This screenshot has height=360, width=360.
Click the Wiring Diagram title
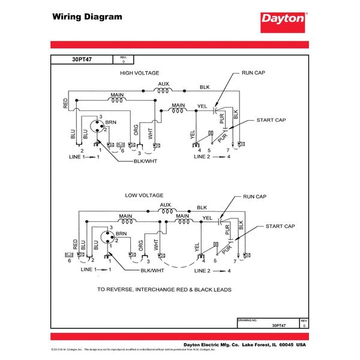(86, 17)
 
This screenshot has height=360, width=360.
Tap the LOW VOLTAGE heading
(144, 196)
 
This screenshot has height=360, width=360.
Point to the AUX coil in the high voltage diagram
(163, 91)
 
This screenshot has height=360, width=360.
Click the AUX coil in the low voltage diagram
(165, 211)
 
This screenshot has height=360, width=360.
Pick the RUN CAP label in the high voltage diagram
(253, 73)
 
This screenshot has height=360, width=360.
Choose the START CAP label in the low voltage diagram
(280, 226)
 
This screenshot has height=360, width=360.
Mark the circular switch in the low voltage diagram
(106, 237)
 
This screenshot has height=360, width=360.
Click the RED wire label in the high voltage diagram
(65, 104)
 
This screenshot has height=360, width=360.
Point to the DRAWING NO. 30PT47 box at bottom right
(272, 323)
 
